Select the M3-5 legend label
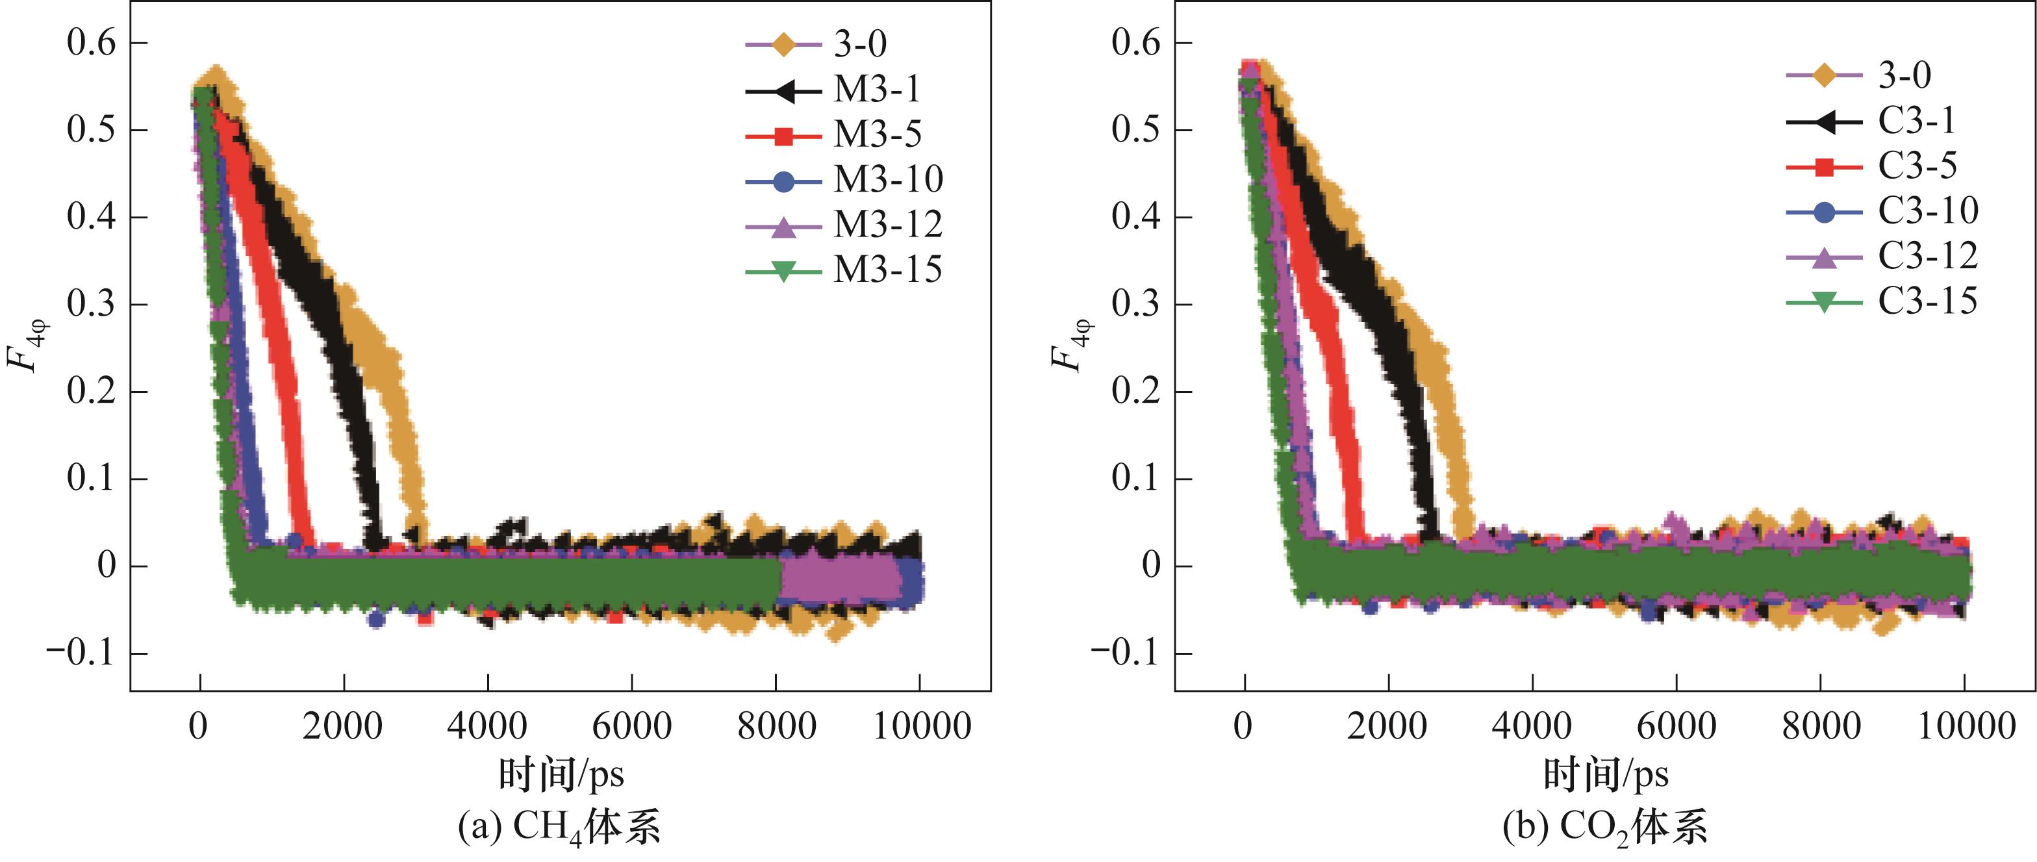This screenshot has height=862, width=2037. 877,135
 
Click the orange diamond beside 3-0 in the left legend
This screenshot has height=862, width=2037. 783,45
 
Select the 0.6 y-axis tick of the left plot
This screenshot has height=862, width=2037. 91,43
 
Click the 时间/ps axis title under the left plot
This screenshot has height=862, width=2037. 561,774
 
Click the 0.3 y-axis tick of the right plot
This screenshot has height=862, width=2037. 1135,305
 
